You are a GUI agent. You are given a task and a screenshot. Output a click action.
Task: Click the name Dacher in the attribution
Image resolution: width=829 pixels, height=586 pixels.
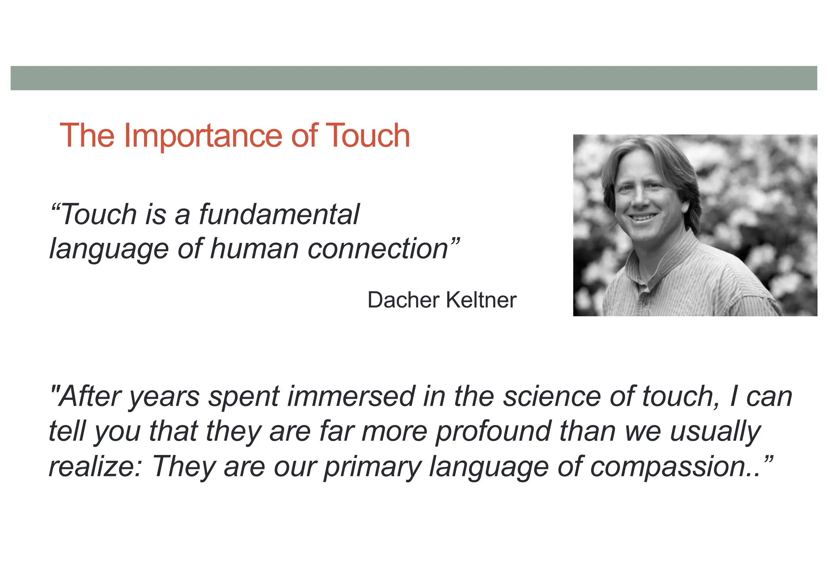403,300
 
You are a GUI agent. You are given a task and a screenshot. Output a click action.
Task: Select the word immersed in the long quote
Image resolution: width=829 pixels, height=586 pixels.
351,397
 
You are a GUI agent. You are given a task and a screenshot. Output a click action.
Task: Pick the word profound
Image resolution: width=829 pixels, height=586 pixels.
493,431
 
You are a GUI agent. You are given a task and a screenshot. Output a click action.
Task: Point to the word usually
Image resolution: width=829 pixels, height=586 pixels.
716,431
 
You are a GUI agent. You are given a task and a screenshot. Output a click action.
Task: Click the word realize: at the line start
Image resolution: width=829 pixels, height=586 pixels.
95,467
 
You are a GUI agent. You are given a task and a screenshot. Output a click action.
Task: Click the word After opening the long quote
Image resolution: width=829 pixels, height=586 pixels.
89,397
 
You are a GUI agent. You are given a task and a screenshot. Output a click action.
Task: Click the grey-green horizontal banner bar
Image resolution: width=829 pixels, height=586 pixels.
414,78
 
